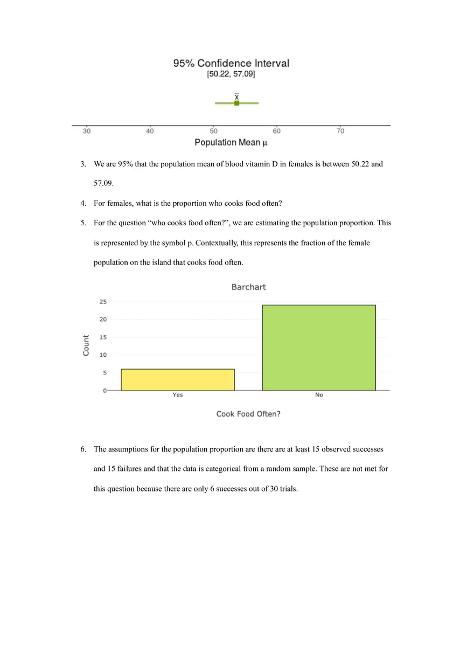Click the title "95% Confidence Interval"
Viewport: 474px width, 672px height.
231,63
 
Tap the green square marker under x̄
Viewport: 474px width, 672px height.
236,103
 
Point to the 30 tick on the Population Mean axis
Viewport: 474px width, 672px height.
87,131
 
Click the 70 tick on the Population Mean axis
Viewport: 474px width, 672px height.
340,131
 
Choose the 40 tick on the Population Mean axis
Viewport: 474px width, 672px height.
150,131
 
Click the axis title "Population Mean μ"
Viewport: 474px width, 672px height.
231,143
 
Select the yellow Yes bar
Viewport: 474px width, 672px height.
178,379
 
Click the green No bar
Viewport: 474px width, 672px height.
319,348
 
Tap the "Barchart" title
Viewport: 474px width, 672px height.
248,287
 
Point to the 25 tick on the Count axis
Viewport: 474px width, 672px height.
103,302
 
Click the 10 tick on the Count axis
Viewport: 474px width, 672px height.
103,355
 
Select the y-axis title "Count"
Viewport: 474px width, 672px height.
86,345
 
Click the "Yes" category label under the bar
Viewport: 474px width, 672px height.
178,395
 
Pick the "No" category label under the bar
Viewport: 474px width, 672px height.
319,395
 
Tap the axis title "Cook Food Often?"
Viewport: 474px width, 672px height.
248,414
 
